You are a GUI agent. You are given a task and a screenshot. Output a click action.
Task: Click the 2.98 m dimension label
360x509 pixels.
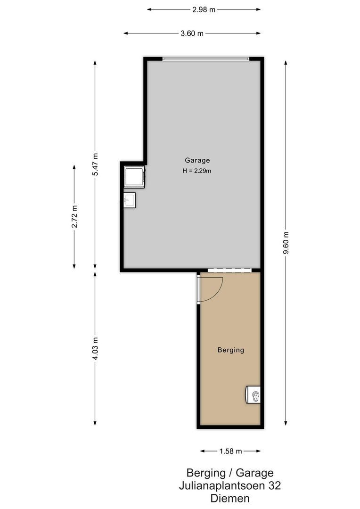[204, 9]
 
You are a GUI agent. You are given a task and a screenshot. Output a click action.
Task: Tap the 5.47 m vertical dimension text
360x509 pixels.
[96, 165]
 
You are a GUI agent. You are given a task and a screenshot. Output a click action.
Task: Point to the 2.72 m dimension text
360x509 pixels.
[74, 217]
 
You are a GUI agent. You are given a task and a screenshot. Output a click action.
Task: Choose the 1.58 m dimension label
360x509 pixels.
[230, 452]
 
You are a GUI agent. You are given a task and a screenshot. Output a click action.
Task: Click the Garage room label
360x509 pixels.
[197, 160]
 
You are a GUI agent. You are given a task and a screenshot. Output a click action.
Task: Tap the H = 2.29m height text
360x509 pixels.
[197, 171]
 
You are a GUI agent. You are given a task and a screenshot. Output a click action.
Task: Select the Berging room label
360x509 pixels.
[231, 350]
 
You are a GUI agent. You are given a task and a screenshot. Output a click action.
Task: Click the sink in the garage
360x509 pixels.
[129, 200]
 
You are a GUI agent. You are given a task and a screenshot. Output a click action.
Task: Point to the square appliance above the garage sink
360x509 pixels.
[134, 177]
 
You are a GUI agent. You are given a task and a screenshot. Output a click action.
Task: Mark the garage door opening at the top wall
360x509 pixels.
[205, 59]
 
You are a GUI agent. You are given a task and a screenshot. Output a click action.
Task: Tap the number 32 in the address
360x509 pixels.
[274, 485]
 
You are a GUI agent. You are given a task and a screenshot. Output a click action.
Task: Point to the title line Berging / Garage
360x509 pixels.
[230, 473]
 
